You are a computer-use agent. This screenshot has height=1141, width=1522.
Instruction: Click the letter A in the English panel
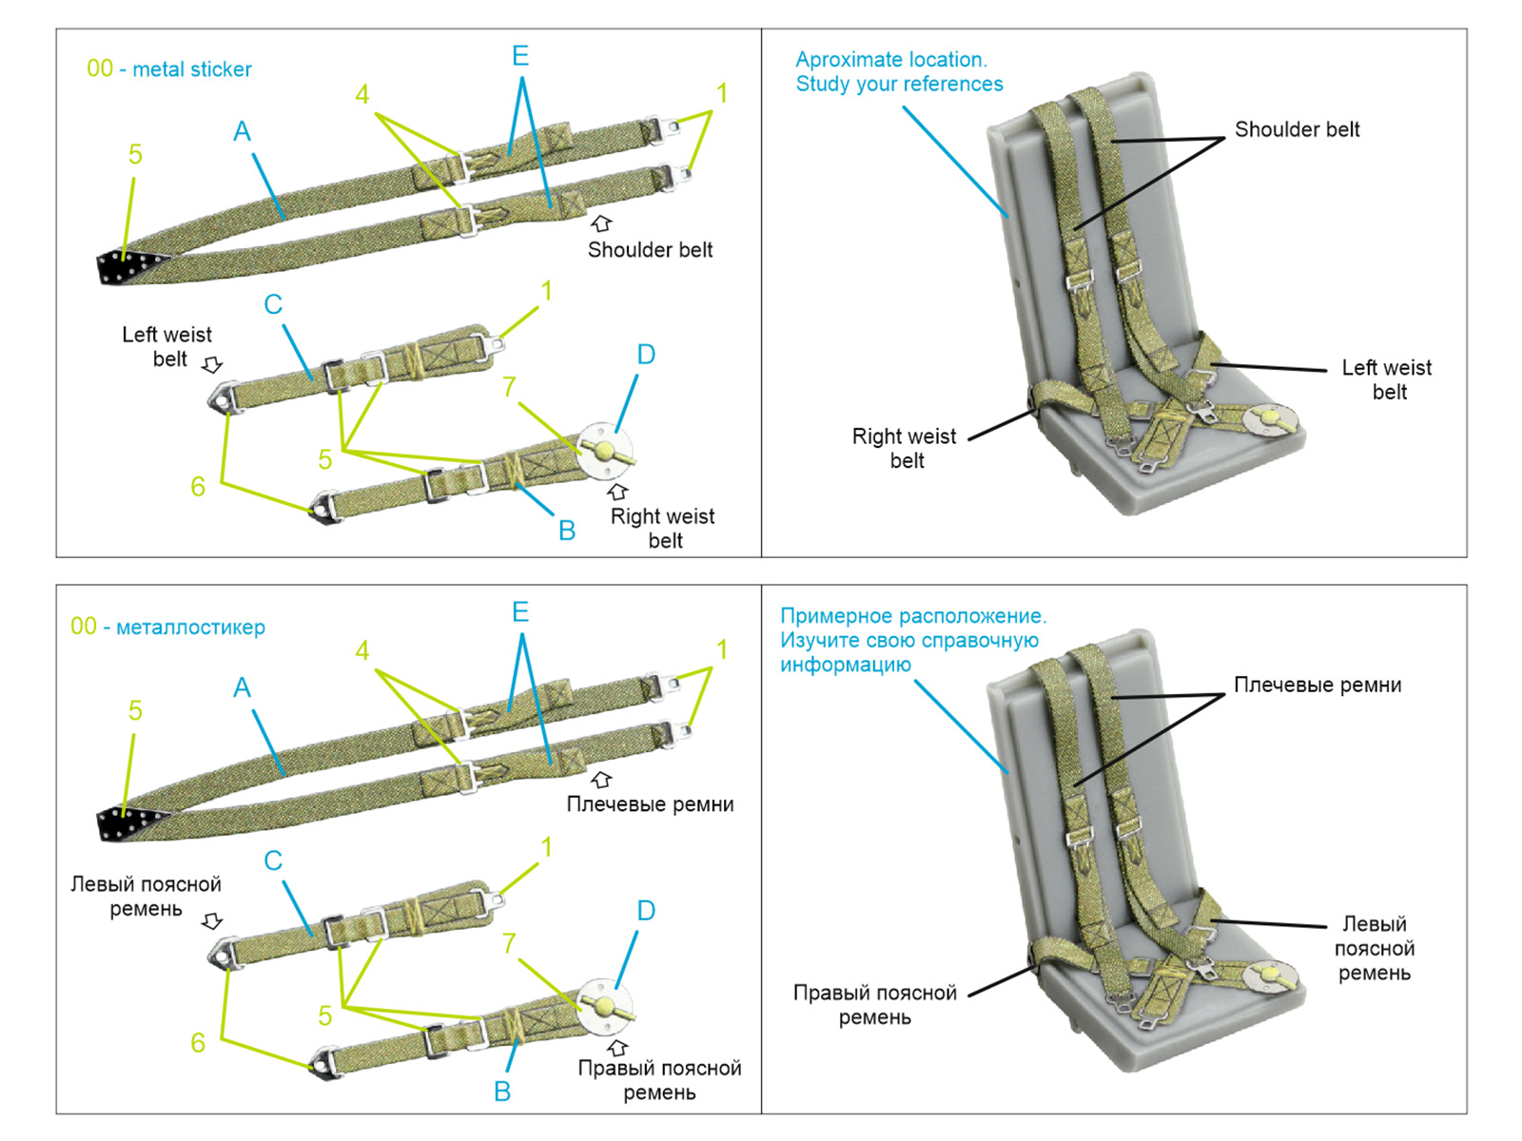pyautogui.click(x=242, y=131)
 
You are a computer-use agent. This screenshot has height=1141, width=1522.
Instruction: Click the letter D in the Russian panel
pyautogui.click(x=646, y=911)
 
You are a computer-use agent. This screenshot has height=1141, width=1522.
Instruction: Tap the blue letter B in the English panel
pyautogui.click(x=567, y=531)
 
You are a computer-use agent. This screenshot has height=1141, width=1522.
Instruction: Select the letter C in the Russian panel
pyautogui.click(x=273, y=861)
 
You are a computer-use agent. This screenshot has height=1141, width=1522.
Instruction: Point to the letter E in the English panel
pyautogui.click(x=520, y=56)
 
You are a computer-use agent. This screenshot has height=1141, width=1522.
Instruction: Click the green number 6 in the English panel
pyautogui.click(x=198, y=487)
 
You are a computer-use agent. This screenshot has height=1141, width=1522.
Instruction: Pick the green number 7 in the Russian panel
pyautogui.click(x=510, y=943)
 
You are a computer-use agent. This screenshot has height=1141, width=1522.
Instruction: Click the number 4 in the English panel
pyautogui.click(x=362, y=94)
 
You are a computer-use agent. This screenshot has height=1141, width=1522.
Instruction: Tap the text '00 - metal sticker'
pyautogui.click(x=169, y=69)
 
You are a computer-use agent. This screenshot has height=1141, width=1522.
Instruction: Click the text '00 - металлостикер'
pyautogui.click(x=167, y=627)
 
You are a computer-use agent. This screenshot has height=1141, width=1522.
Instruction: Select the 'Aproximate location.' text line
pyautogui.click(x=891, y=59)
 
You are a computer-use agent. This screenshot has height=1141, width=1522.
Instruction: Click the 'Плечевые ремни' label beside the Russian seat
pyautogui.click(x=1317, y=686)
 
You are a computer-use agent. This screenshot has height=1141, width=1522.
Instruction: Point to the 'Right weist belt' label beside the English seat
pyautogui.click(x=904, y=448)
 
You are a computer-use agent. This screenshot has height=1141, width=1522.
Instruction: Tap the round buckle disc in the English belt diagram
pyautogui.click(x=604, y=449)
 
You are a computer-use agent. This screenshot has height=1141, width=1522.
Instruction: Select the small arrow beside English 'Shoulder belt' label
pyautogui.click(x=601, y=223)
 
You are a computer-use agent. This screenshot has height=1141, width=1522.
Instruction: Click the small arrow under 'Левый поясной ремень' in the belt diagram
pyautogui.click(x=213, y=921)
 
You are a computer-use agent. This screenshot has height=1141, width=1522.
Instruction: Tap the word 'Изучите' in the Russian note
pyautogui.click(x=815, y=641)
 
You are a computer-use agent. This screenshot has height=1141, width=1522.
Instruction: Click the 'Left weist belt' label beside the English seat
pyautogui.click(x=1387, y=379)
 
